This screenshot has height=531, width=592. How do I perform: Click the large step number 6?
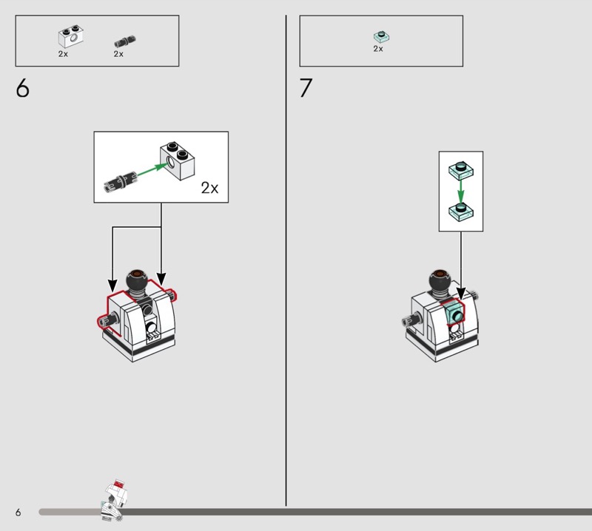[22, 88]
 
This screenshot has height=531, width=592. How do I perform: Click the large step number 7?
[306, 88]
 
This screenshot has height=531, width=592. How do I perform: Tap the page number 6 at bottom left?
[18, 512]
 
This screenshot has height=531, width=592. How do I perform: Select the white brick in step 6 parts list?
[70, 37]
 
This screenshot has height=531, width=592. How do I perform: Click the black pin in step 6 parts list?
[125, 41]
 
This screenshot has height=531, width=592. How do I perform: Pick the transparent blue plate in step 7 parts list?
[381, 36]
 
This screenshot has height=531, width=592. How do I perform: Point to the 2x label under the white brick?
[63, 54]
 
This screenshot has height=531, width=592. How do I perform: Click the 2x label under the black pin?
[118, 54]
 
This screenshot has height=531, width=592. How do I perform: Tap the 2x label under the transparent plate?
[378, 49]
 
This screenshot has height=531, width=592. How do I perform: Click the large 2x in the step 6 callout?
[209, 188]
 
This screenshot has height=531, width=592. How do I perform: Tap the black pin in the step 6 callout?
[121, 181]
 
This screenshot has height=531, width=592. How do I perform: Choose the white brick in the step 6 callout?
[178, 160]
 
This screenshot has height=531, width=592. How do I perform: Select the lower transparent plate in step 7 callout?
[461, 212]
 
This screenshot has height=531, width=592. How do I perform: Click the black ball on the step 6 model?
[136, 281]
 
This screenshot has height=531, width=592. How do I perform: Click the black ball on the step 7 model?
[440, 282]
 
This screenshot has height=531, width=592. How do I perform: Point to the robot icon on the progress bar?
[114, 500]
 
